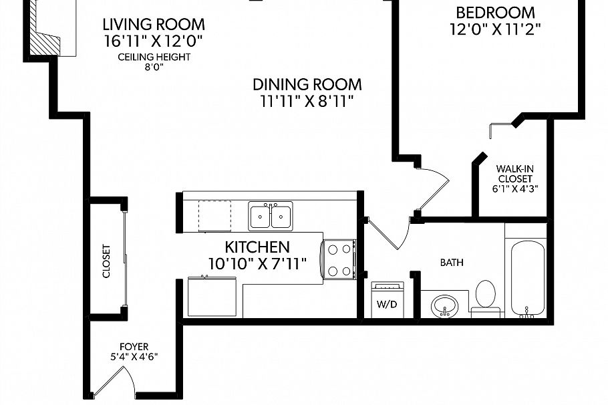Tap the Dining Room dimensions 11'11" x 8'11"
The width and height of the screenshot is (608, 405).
tap(307, 102)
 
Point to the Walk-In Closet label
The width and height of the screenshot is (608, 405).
tap(514, 174)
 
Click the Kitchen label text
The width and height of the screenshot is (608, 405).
tap(257, 247)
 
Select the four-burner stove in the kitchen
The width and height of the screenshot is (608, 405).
tap(339, 259)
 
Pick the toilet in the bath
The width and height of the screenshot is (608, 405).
tap(486, 297)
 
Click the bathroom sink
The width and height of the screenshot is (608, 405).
tap(444, 305)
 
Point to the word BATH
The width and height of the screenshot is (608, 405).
tap(451, 263)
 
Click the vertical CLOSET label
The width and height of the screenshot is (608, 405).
tap(106, 261)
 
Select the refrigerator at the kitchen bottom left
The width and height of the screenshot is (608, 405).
tap(212, 297)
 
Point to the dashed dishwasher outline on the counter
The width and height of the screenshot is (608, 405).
tap(214, 215)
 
